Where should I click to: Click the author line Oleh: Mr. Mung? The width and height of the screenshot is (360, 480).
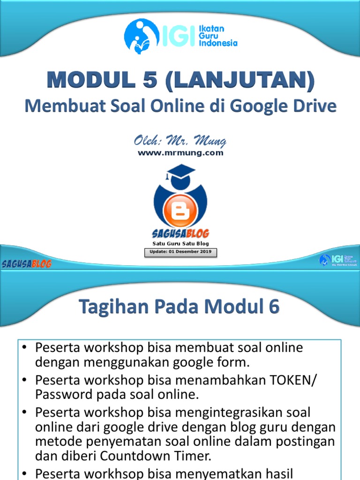click(x=180, y=140)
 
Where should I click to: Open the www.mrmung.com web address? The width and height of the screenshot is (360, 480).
click(x=180, y=152)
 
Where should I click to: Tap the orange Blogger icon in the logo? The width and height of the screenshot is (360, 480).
click(x=180, y=211)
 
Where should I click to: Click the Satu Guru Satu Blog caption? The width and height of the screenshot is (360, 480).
click(x=180, y=244)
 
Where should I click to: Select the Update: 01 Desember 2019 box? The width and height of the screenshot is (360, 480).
click(x=180, y=252)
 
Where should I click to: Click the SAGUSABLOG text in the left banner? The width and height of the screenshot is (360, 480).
click(x=27, y=263)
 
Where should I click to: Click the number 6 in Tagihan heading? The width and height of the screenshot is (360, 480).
click(x=273, y=307)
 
